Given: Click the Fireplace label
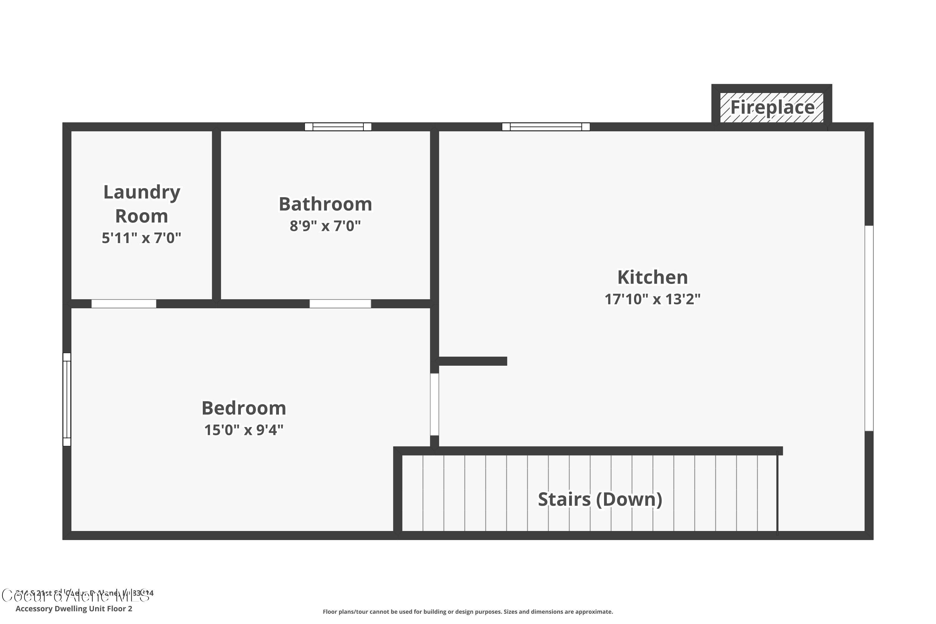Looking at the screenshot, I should click(x=772, y=107).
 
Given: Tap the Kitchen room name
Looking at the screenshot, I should click(x=652, y=277).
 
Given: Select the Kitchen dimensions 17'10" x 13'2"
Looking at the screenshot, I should click(x=652, y=299).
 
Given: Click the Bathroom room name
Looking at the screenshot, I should click(x=325, y=204).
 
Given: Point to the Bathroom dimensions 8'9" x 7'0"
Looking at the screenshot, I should click(x=325, y=226).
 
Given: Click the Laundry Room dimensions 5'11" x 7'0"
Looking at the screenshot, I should click(x=141, y=238).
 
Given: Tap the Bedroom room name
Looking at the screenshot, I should click(x=244, y=408).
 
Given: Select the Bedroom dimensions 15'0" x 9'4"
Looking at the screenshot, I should click(x=244, y=430).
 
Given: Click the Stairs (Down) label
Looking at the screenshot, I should click(x=600, y=500).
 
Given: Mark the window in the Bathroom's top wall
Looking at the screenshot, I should click(x=338, y=127).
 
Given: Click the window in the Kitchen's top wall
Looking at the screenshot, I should click(x=546, y=127).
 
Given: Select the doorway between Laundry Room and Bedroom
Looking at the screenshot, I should click(x=124, y=304).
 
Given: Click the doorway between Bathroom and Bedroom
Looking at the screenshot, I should click(x=340, y=304).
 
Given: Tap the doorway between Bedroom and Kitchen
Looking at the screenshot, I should click(x=435, y=404).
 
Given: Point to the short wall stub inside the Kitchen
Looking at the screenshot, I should click(x=472, y=361).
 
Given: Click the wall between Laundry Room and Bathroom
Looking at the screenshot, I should click(x=217, y=215).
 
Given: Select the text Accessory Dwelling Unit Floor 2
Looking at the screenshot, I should click(x=74, y=608).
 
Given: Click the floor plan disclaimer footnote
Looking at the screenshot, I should click(x=468, y=612).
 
